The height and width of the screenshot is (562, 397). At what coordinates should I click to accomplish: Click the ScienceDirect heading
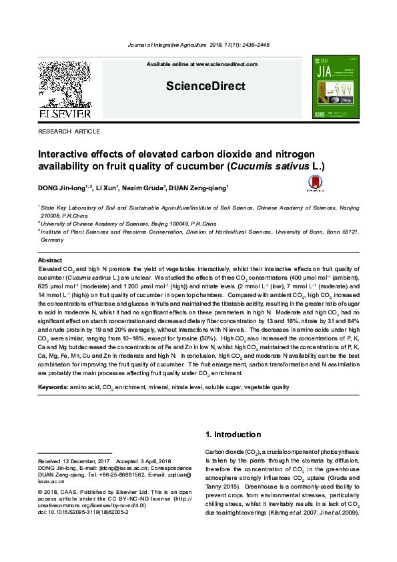tap(196, 86)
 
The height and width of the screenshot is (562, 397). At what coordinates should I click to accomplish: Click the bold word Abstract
tap(50, 260)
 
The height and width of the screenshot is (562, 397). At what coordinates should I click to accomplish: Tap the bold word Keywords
tap(53, 387)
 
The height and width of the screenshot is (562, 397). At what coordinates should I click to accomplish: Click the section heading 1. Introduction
tap(233, 435)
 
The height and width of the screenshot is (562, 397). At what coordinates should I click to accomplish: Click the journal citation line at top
tap(197, 45)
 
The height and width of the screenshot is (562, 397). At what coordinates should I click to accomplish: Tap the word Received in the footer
tap(49, 461)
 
